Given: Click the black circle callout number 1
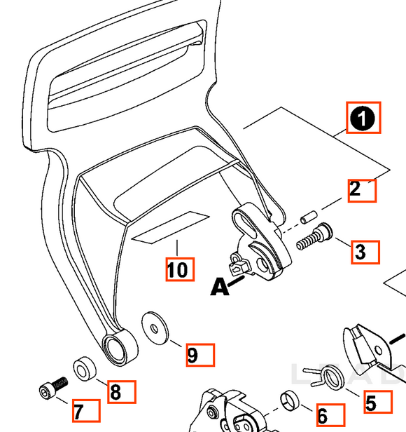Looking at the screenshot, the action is point(363,119).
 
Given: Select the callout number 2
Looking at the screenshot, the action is point(355,189).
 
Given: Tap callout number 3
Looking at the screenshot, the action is point(360,252).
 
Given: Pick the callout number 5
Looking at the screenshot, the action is point(371,403).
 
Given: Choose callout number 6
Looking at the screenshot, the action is point(323,416).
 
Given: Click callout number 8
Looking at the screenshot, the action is point(115,392).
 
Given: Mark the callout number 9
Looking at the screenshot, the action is point(192,355).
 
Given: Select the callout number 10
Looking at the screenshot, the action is point(177,269).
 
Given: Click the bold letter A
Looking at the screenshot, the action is point(220,287).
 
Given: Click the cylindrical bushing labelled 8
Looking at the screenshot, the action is point(85,369).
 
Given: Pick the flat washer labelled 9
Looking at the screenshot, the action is point(155,328).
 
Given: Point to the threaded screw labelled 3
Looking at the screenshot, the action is point(314,237).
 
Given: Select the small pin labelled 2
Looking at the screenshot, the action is point(309,217).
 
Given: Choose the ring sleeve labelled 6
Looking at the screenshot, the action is point(290,400).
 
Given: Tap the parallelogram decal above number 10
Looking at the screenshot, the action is point(171,227).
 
